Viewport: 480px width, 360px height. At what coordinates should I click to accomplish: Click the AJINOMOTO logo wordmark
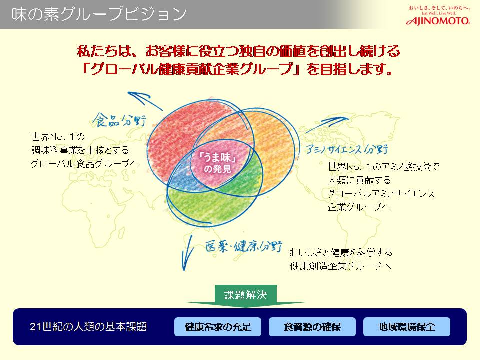click(438, 21)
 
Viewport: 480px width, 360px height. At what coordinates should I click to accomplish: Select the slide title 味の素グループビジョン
click(99, 14)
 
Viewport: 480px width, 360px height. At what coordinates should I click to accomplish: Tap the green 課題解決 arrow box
click(246, 295)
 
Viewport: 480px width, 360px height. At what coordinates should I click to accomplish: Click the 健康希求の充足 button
click(218, 327)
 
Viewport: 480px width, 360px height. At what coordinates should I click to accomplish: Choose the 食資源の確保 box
click(312, 327)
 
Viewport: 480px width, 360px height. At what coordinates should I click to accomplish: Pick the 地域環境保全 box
click(407, 327)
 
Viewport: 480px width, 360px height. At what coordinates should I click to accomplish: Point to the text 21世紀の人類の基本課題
click(88, 327)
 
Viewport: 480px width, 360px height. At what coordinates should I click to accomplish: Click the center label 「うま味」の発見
click(217, 163)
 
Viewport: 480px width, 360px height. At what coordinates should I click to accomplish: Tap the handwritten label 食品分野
click(119, 120)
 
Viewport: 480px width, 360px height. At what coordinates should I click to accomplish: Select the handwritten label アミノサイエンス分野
click(346, 149)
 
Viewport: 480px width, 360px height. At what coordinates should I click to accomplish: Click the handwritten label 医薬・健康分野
click(244, 246)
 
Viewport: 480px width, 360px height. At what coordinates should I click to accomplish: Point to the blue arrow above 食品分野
click(145, 100)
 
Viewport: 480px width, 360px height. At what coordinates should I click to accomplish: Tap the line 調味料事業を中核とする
click(80, 150)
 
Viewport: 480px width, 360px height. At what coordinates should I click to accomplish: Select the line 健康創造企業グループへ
click(340, 266)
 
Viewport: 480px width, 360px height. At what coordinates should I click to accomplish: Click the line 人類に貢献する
click(359, 180)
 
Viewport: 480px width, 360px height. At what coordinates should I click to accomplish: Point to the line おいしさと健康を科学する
click(341, 253)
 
